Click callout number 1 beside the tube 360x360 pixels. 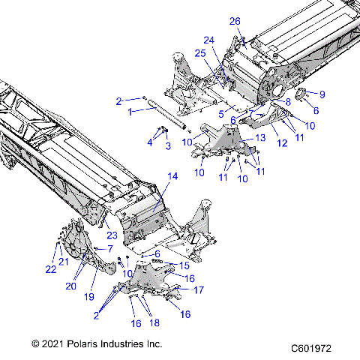[129, 111]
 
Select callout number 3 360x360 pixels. [167, 145]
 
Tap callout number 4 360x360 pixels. [150, 142]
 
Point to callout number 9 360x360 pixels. [322, 94]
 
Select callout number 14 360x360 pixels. [173, 176]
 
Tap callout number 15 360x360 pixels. [183, 266]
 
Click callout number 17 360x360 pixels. [199, 289]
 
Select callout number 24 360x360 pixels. [209, 40]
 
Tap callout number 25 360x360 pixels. [200, 53]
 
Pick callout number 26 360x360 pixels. [235, 20]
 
